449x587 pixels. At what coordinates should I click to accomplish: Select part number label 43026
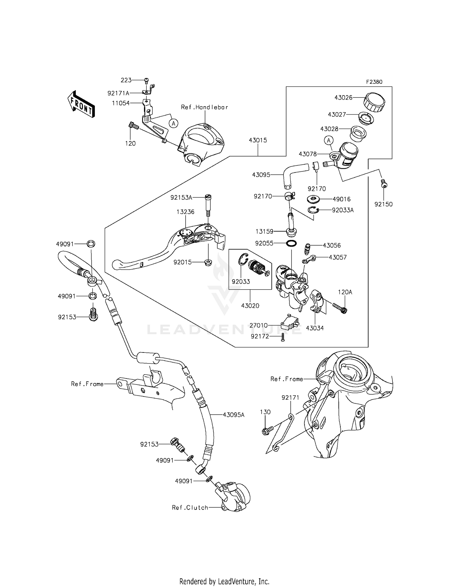point(343,98)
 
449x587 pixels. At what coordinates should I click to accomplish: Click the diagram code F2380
point(374,82)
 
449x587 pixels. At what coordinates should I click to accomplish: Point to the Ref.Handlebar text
point(204,107)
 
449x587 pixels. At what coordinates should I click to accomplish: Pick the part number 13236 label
point(185,212)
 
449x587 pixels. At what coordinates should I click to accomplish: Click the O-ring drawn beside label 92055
point(291,243)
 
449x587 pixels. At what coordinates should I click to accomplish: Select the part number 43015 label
point(258,140)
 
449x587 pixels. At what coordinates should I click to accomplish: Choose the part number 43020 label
point(250,306)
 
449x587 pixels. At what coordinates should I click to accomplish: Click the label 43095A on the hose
point(233,415)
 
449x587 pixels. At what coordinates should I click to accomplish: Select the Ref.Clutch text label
point(190,507)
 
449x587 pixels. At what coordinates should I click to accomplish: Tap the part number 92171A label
point(118,93)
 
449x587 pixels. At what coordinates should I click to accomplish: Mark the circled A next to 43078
point(329,140)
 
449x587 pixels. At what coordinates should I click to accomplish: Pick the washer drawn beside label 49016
point(313,199)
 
